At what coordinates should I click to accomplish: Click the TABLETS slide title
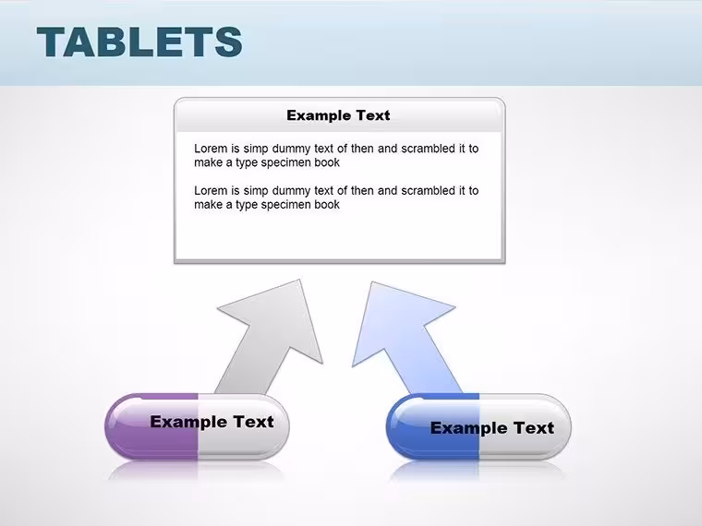(139, 42)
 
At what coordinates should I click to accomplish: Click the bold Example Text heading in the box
(338, 115)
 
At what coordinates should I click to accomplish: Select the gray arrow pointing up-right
(270, 336)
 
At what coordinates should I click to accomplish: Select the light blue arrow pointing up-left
(405, 337)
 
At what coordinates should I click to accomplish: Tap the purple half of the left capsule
(152, 426)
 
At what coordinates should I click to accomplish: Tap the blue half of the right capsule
(433, 426)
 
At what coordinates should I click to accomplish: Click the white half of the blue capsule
(525, 426)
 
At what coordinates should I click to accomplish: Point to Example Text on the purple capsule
(212, 422)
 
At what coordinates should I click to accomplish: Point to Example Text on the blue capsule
(492, 427)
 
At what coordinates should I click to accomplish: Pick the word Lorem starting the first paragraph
(211, 149)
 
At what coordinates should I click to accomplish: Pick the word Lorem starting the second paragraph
(211, 190)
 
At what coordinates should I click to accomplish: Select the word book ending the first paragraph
(327, 162)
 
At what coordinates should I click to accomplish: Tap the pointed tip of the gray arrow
(299, 280)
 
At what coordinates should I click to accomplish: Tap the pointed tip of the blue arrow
(372, 282)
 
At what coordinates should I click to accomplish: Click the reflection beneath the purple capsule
(197, 470)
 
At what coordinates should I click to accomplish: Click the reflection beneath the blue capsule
(478, 470)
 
